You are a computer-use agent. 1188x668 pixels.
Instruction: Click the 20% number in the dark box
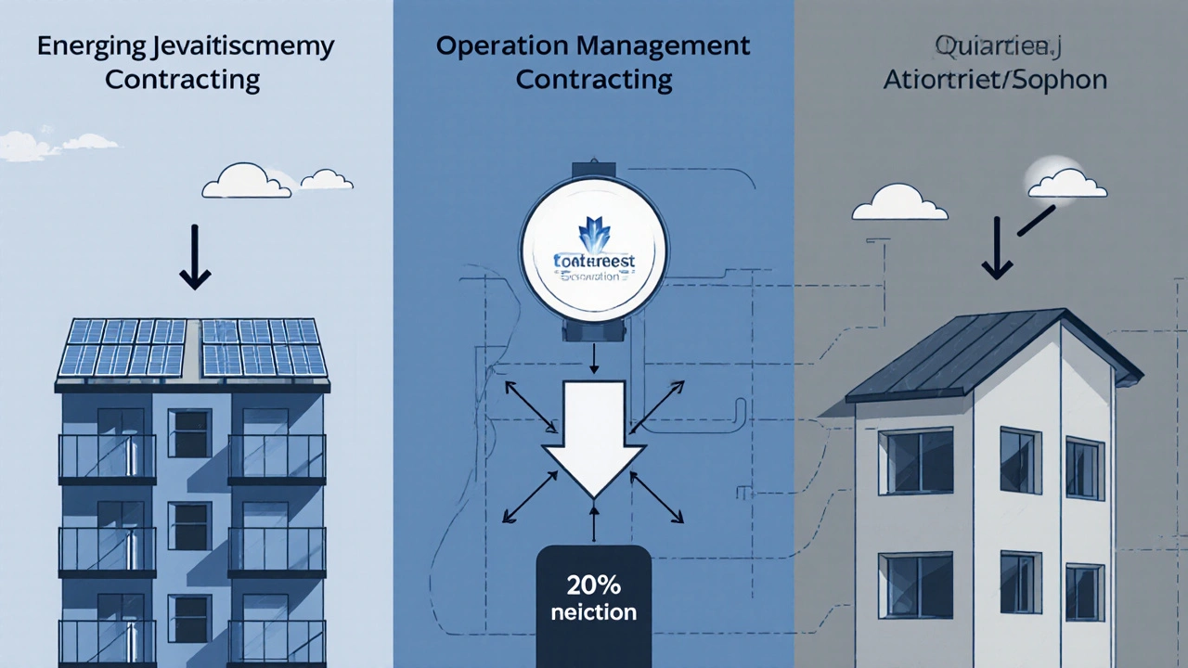coord(594,586)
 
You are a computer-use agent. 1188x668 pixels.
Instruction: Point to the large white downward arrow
coord(594,436)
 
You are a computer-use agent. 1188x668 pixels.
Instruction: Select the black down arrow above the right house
coord(998,248)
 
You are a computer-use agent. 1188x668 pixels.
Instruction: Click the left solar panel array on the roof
coord(126,347)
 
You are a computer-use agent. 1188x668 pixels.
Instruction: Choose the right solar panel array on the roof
coord(264,347)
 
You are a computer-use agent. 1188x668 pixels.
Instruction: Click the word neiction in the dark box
coord(594,612)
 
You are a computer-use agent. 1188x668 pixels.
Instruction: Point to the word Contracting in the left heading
coord(182,80)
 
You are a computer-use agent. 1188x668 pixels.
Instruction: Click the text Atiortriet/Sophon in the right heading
coord(994,80)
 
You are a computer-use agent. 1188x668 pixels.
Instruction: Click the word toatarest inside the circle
coord(593,262)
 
